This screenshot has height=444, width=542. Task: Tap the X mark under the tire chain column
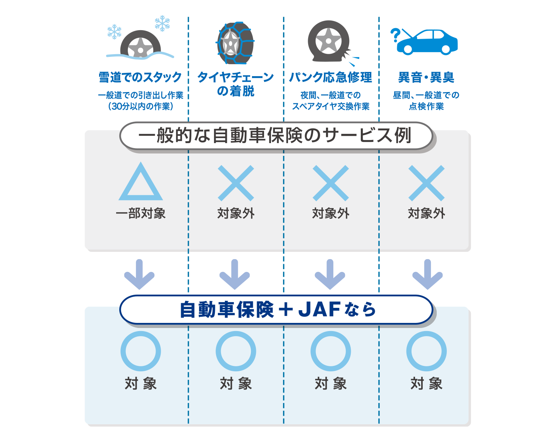pos(236,183)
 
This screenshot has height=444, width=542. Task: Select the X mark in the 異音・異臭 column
pos(426,183)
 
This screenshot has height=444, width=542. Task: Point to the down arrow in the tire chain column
pos(235,274)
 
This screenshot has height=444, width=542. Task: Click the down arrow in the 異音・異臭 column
pos(427,274)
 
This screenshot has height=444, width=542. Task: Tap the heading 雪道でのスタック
pos(140,77)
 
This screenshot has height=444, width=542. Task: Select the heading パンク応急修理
pos(331,77)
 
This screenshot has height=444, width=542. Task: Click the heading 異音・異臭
pos(426,77)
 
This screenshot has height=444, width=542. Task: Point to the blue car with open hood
pos(427,43)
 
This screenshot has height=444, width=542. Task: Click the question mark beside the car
pos(395,35)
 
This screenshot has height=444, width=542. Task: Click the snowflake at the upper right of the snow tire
pos(162,23)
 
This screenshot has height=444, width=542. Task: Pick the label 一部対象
pos(141,213)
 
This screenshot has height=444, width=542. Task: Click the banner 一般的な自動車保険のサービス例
pos(275,135)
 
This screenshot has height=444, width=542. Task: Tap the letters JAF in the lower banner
pos(319,309)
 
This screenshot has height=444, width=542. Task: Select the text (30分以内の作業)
pos(141,106)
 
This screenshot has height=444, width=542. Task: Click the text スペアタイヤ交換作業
pos(331,106)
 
